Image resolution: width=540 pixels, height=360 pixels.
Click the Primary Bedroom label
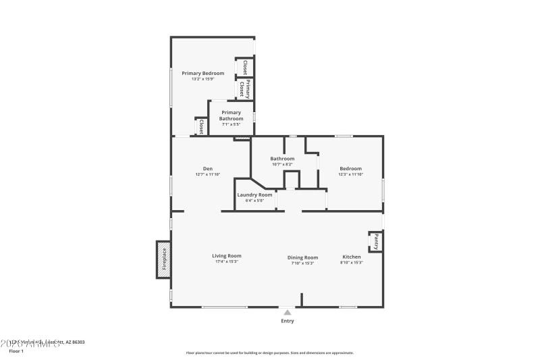(x=202, y=73)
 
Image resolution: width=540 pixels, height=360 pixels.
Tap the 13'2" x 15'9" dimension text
(x=202, y=79)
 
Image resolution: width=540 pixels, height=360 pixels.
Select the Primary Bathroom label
(x=231, y=115)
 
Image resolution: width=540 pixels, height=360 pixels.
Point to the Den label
(x=208, y=168)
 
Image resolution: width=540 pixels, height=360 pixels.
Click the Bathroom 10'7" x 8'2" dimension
(x=282, y=164)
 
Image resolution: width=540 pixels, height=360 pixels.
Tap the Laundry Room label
(x=254, y=195)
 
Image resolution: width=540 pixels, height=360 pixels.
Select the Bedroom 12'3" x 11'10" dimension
(x=350, y=174)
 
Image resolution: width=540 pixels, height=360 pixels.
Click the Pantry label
(x=376, y=242)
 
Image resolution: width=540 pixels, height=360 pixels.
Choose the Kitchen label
(x=351, y=257)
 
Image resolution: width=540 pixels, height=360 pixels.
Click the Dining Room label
(x=302, y=257)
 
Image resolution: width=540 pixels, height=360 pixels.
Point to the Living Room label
(x=226, y=256)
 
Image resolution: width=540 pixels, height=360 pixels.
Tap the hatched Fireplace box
(x=163, y=259)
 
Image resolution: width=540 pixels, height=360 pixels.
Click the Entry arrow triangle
(x=287, y=313)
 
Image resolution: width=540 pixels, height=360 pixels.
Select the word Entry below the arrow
(x=287, y=321)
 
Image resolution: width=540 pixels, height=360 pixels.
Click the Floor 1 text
(x=16, y=351)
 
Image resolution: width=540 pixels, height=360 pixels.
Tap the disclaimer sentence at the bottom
(x=269, y=353)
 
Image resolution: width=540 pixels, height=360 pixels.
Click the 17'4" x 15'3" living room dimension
(x=226, y=262)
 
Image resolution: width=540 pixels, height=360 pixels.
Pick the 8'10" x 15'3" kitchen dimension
(x=351, y=263)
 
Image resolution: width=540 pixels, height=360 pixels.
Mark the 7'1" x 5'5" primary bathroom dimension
(x=231, y=124)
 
